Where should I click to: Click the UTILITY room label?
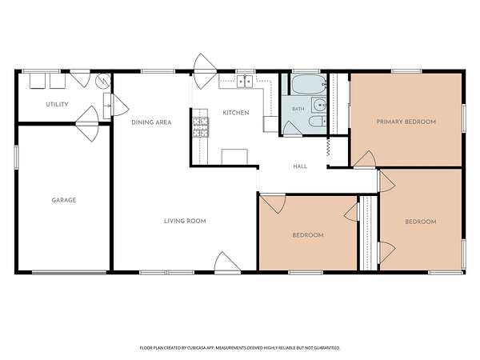tap(57, 104)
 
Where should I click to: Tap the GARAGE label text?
tap(64, 200)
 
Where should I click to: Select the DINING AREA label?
tap(151, 122)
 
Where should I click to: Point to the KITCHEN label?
tap(236, 113)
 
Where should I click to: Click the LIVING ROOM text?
tap(185, 221)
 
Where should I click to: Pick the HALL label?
tap(300, 166)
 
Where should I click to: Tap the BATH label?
tap(298, 109)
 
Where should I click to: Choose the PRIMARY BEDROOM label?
tap(406, 122)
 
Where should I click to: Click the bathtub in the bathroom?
tap(308, 84)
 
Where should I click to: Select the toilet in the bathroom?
tap(317, 122)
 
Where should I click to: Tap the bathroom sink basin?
tap(320, 105)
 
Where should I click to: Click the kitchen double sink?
tap(245, 82)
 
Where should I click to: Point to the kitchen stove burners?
tap(199, 127)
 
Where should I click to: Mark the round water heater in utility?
tap(102, 81)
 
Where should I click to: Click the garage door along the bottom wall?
tap(70, 272)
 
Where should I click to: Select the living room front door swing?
tap(227, 263)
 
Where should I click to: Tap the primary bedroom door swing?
tap(365, 159)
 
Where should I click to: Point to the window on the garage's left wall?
tap(16, 157)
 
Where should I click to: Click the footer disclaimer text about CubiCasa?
tap(240, 348)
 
